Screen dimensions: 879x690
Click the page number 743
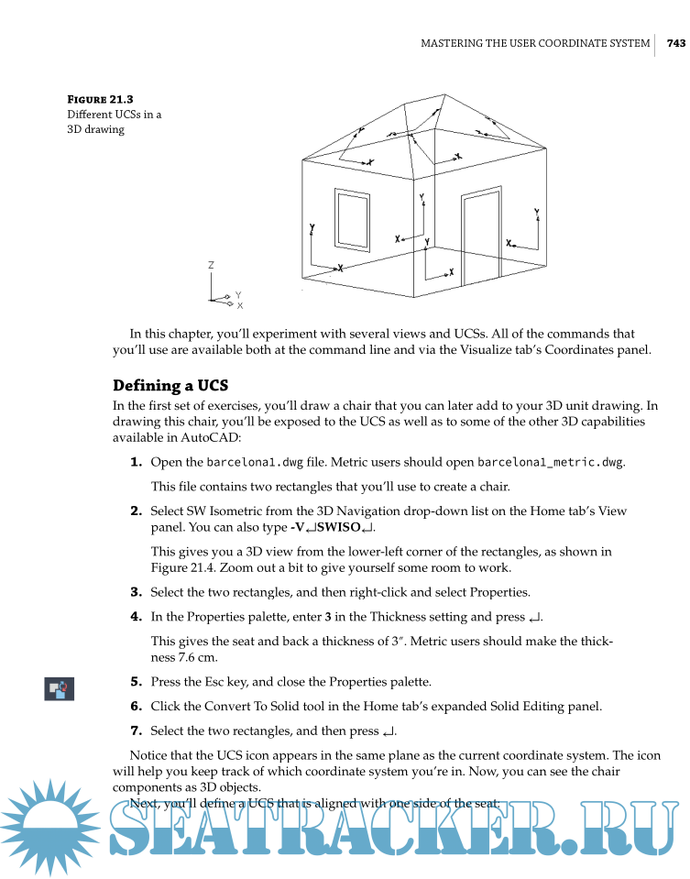[x=676, y=43]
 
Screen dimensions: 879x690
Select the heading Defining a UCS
[x=172, y=385]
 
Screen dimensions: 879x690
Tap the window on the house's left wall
[x=351, y=219]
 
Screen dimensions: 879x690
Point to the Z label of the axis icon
[x=211, y=265]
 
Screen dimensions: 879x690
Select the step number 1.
[x=136, y=462]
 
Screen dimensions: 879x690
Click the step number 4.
[x=136, y=617]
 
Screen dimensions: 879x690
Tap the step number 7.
[x=136, y=731]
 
